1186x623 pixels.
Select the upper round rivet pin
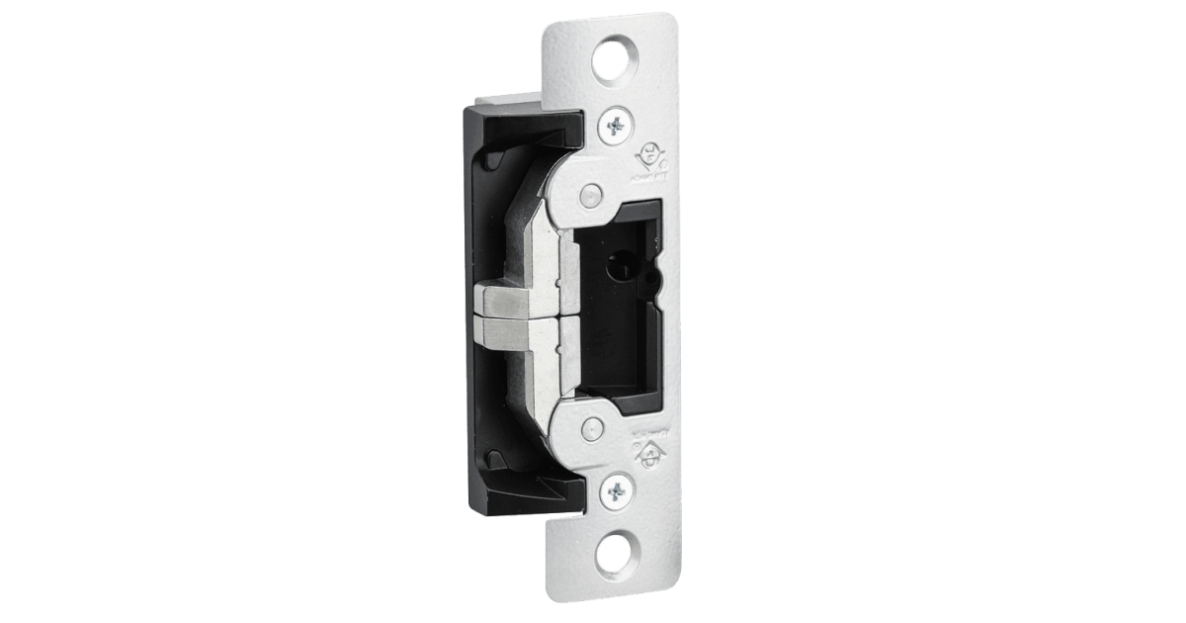(590, 194)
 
